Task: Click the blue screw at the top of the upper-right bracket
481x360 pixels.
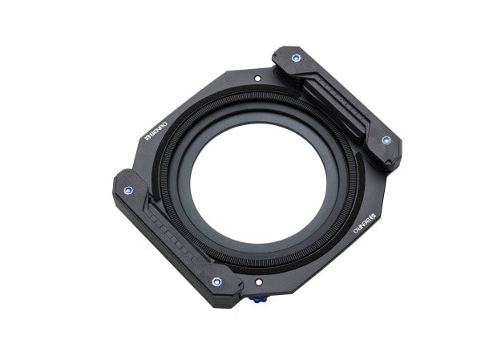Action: (296, 59)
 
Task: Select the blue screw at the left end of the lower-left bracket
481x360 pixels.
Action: (128, 190)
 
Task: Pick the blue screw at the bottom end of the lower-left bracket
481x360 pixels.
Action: (216, 281)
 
